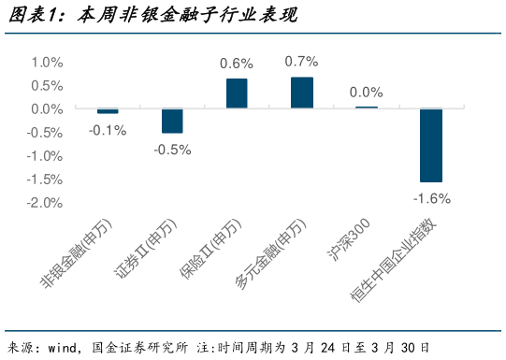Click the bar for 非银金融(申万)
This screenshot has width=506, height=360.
(x=108, y=111)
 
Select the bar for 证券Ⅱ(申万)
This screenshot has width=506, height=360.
(x=172, y=121)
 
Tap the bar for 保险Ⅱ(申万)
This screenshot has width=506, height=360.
(x=237, y=94)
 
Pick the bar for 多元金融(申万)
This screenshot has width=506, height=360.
(x=301, y=93)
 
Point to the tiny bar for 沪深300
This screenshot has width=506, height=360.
(x=366, y=108)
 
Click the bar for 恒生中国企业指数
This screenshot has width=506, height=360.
(x=431, y=145)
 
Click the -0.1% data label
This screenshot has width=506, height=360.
(x=108, y=130)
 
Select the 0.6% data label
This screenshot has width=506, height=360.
(x=237, y=64)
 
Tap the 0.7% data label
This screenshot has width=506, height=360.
(x=301, y=61)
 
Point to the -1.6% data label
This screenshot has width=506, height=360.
(x=431, y=197)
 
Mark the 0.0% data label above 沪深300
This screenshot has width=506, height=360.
(x=366, y=92)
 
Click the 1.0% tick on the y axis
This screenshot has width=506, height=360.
(x=46, y=62)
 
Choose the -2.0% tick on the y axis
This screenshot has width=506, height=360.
(x=44, y=202)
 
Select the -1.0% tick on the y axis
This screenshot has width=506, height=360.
(x=44, y=155)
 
